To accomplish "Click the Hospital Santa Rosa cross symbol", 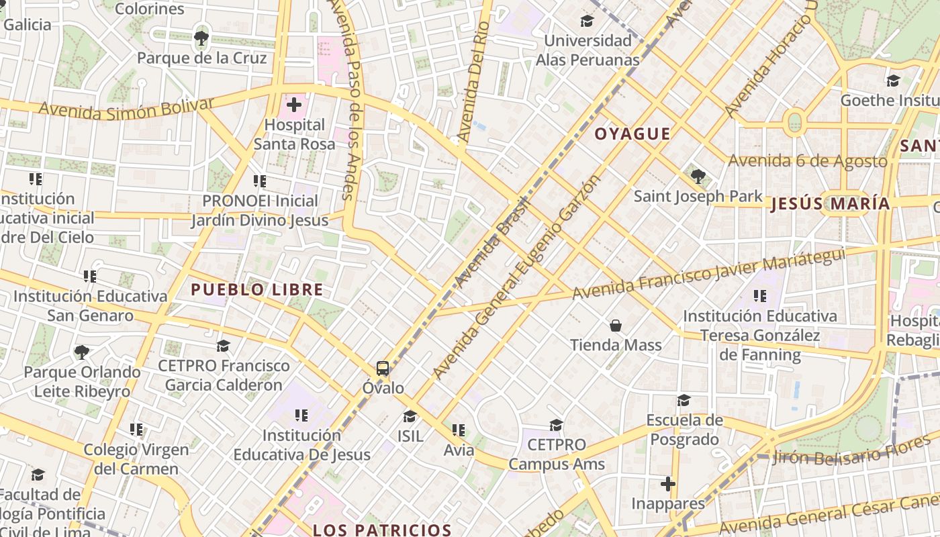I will tap(294, 105).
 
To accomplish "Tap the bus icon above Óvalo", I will tap(383, 368).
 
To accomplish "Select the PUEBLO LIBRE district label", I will tap(257, 290).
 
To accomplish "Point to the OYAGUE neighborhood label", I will tap(632, 134).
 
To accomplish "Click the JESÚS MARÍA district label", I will tap(831, 204).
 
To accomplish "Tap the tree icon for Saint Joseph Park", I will tap(698, 177).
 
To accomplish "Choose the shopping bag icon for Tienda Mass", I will tap(616, 326).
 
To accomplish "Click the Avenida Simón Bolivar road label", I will tap(126, 108).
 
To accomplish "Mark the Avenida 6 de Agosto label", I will tap(808, 161).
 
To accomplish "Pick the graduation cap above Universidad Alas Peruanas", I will tap(587, 21).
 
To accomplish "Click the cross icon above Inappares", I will tap(668, 483).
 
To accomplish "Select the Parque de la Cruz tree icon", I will tap(201, 38).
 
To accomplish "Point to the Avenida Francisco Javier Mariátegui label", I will tap(708, 273).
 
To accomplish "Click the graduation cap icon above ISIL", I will tap(410, 416).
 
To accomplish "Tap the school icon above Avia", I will tap(459, 430).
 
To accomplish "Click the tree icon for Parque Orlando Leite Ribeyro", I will tap(82, 352).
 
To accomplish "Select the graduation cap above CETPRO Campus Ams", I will tap(556, 425).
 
